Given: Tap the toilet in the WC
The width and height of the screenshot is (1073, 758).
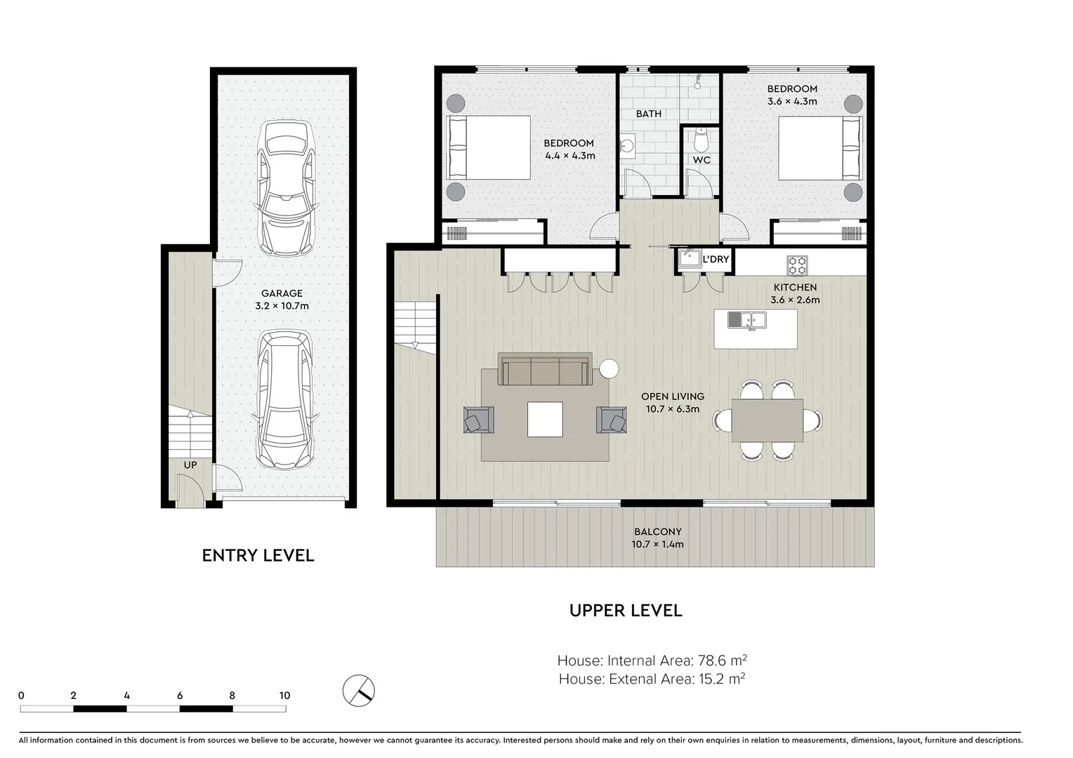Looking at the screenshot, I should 700,140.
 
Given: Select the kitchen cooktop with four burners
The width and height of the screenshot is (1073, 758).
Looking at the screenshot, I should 797,265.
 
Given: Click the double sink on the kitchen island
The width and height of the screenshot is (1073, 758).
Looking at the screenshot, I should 746,320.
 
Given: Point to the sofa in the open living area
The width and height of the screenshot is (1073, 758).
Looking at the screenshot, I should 544,371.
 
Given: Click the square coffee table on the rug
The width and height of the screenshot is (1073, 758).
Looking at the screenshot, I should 545,419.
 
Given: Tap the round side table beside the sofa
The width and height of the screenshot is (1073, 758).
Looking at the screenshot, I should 608,368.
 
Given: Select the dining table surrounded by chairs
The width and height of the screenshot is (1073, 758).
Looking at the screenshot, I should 767,420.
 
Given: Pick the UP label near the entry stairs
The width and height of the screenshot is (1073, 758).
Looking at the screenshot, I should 190,465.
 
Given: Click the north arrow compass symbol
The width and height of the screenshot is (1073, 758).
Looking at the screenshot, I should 359,691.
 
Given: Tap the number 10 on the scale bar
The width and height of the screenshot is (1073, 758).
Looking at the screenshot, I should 284,696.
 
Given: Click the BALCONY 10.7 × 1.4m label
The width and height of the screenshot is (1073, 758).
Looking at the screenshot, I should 657,538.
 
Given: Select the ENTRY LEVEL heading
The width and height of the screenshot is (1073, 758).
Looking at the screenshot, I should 258,555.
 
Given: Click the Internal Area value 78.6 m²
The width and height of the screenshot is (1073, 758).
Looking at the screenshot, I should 720,660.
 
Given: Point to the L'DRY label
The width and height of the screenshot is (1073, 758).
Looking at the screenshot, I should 716,259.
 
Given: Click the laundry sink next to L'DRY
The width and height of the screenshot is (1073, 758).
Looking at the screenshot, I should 690,258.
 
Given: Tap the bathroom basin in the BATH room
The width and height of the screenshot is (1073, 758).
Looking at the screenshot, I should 627,146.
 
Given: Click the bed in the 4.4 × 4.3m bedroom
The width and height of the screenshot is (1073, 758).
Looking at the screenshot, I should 489,147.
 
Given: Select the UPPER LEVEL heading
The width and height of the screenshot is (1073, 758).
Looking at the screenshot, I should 626,611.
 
